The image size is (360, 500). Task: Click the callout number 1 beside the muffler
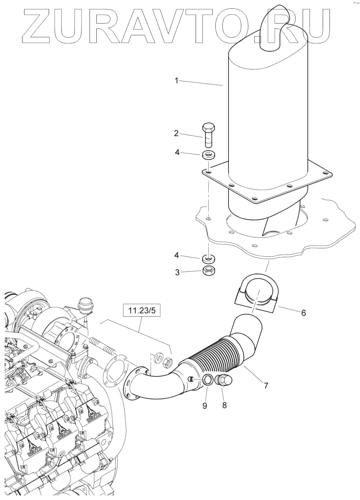(176, 81)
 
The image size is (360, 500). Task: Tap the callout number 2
(176, 133)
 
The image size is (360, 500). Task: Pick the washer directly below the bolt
(208, 155)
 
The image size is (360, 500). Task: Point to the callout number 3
(177, 272)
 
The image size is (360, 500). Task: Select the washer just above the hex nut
(208, 259)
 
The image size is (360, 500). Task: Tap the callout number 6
(303, 313)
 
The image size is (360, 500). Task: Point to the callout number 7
(266, 385)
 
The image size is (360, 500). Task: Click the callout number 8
(224, 405)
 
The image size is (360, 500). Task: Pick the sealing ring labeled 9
(207, 380)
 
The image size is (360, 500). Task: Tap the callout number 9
(205, 406)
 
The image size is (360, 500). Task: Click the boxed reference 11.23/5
(142, 311)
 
